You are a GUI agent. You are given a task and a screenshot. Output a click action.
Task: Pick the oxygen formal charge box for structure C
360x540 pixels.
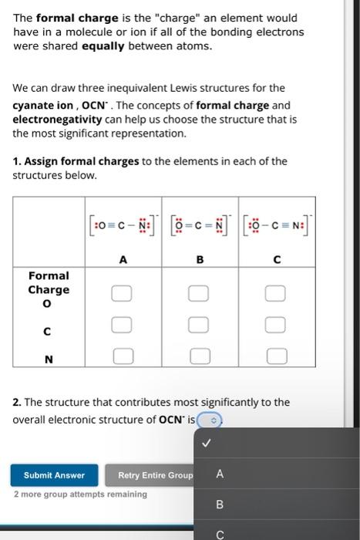[277, 293]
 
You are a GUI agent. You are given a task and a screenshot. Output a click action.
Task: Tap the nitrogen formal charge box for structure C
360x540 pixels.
[277, 356]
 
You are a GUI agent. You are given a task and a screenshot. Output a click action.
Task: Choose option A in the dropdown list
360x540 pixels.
[219, 475]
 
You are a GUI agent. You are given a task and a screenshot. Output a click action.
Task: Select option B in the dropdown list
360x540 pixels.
[219, 505]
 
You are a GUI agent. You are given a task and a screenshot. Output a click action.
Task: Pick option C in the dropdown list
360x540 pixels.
[219, 533]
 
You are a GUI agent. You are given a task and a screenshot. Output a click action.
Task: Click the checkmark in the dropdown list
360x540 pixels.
[205, 444]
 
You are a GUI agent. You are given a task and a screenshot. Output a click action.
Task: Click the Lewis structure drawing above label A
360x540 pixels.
[123, 225]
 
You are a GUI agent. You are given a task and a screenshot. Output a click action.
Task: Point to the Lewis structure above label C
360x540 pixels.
[277, 225]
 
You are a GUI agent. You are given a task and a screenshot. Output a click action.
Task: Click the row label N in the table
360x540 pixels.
[49, 357]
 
